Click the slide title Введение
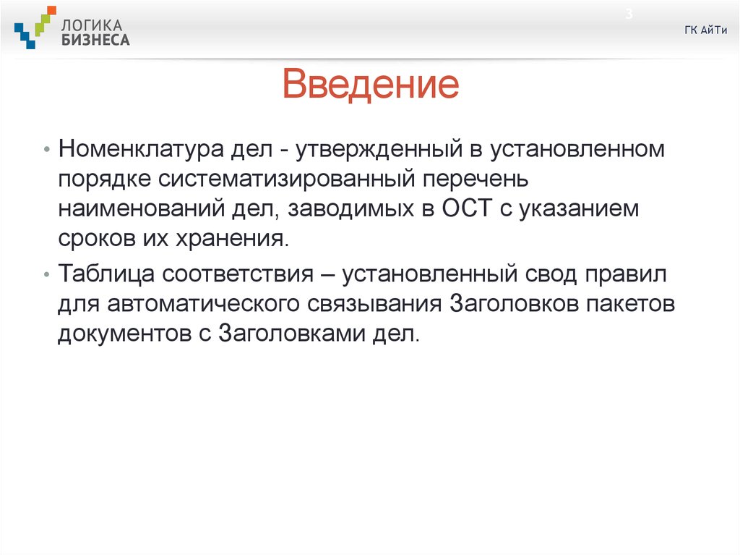[371, 84]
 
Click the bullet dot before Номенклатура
[46, 151]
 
